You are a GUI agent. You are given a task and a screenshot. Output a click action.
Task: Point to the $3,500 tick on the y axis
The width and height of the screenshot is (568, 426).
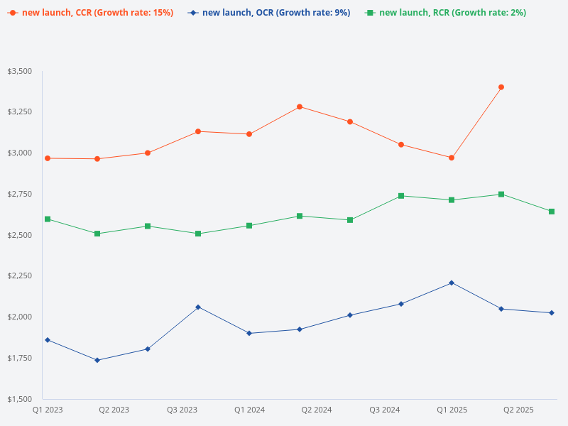pos(19,71)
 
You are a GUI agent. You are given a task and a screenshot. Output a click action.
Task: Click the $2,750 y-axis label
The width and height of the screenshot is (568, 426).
pos(19,194)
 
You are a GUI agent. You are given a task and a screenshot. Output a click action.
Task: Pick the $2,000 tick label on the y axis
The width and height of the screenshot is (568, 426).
pos(19,317)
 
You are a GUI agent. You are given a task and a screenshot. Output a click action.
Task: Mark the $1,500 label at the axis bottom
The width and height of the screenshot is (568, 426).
pos(19,398)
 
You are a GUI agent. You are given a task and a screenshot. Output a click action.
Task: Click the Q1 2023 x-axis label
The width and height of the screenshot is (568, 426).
pos(47,410)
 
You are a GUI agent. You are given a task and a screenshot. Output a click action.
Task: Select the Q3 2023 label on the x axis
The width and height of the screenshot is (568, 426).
pos(182,410)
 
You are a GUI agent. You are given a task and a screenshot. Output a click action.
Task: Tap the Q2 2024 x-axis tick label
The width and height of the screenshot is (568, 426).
pos(317,410)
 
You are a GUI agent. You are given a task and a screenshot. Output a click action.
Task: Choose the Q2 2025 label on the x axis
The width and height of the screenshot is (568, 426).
pos(518,410)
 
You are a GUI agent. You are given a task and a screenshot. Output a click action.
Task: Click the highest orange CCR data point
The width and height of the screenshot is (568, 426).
pos(501,87)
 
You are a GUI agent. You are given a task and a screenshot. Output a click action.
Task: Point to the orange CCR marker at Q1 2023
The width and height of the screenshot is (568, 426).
pos(48,158)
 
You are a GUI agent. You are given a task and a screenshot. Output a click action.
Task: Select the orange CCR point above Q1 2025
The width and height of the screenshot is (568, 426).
pos(452,158)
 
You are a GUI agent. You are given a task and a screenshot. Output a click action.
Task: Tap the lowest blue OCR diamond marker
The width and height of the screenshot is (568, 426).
pos(97,360)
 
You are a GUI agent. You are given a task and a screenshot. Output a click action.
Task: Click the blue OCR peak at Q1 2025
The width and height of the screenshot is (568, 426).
pos(452,283)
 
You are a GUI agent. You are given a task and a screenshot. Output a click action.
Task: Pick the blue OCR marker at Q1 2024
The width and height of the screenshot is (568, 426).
pos(249,333)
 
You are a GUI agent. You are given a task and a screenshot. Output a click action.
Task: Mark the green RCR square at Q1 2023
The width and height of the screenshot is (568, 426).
pos(48,219)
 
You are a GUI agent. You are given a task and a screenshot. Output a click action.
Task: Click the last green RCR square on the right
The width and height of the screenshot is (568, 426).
pos(552,212)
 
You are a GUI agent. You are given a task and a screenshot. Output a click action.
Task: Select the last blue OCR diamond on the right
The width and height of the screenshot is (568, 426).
pos(552,313)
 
